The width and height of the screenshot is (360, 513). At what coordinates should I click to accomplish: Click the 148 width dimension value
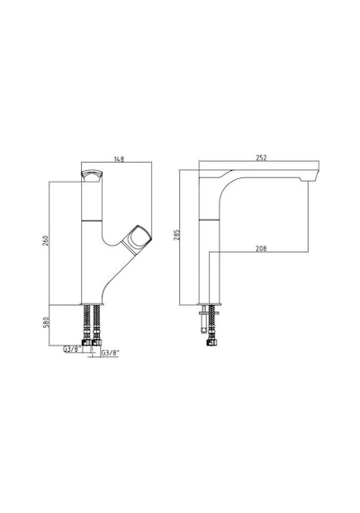[119, 159]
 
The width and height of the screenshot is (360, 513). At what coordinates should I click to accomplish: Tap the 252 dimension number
[262, 158]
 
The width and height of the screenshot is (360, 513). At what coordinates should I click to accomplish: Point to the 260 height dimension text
[46, 241]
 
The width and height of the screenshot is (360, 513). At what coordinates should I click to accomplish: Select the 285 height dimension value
[177, 235]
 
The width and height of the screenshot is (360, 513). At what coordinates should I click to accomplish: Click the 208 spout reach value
[261, 248]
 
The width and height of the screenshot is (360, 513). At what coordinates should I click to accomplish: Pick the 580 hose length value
[46, 322]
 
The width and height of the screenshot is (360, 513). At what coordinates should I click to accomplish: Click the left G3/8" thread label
[72, 349]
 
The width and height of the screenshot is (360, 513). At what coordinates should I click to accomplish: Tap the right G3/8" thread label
[111, 353]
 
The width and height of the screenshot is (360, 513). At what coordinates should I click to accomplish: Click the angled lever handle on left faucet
[136, 239]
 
